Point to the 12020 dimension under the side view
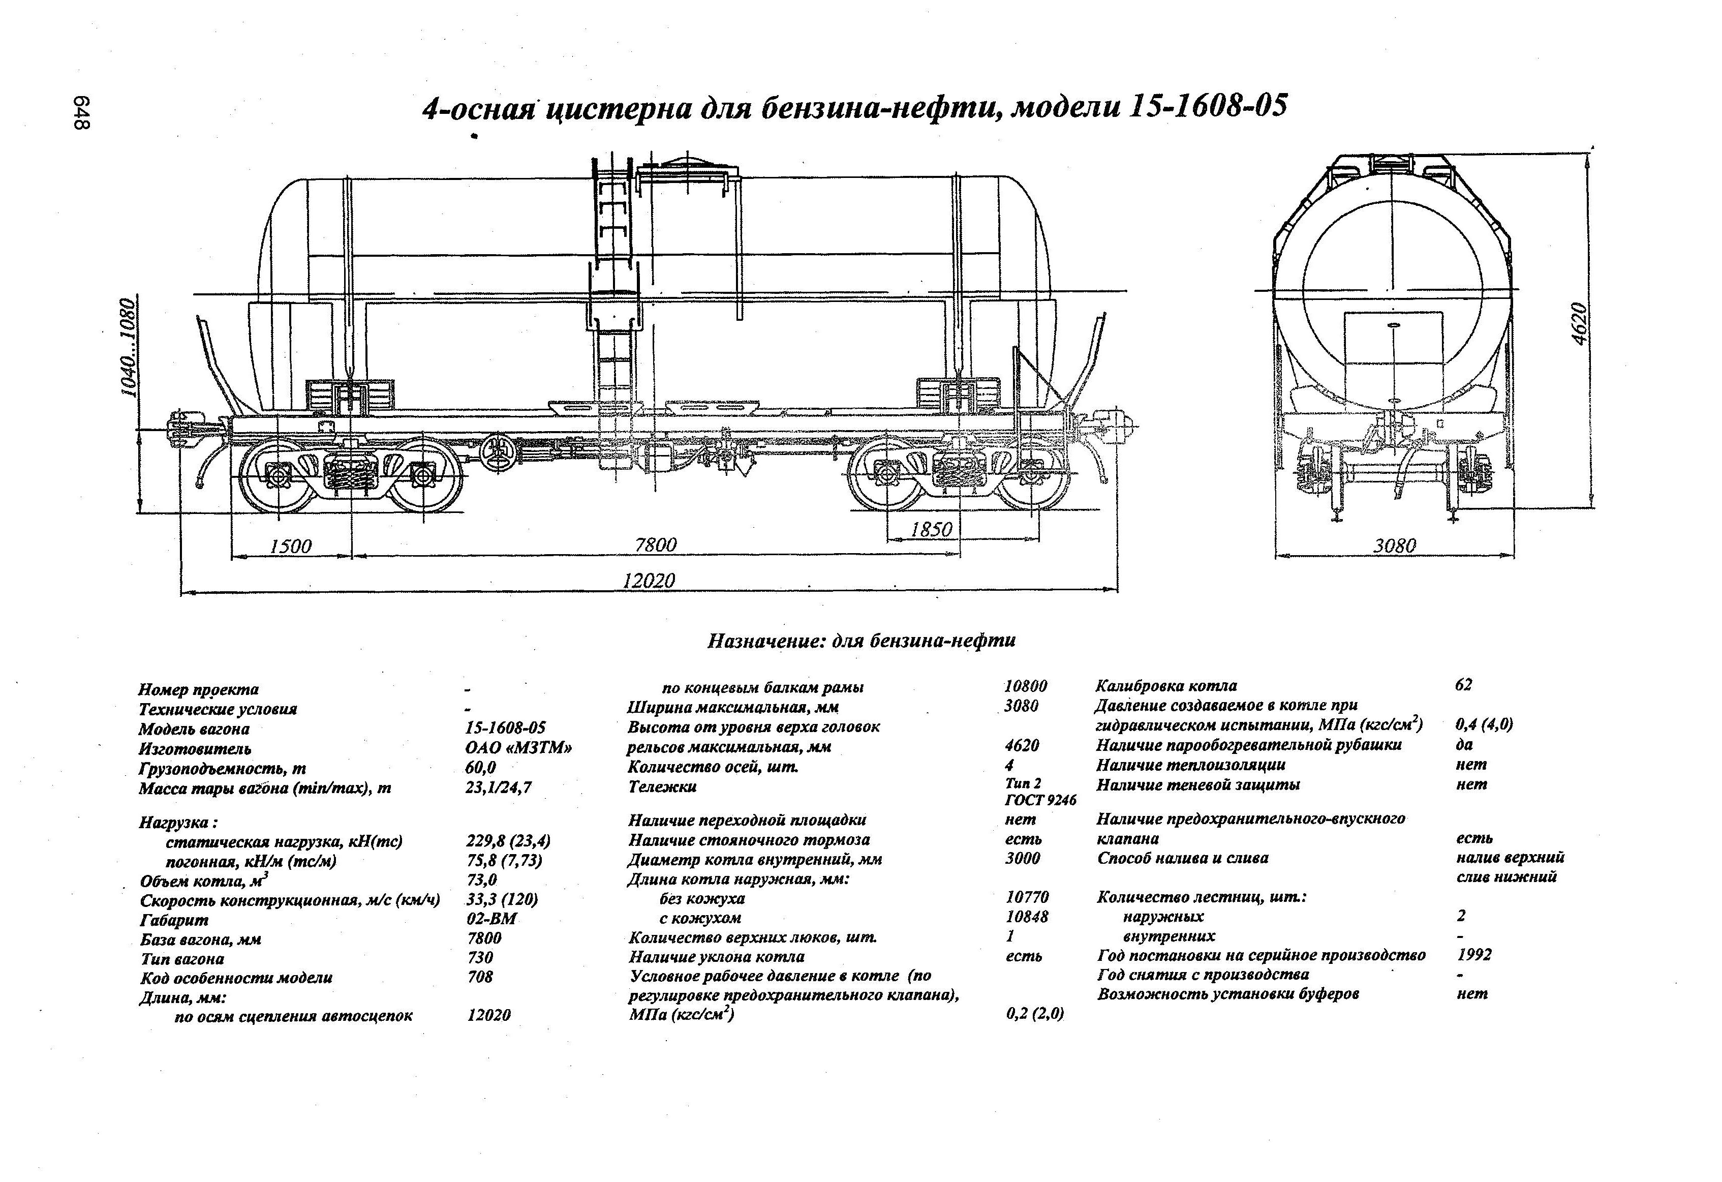(x=649, y=580)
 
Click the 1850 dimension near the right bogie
(x=931, y=529)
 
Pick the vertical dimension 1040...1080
(x=130, y=348)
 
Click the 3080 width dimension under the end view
(x=1395, y=546)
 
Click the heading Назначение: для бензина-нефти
(x=861, y=640)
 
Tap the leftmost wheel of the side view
(x=277, y=475)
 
